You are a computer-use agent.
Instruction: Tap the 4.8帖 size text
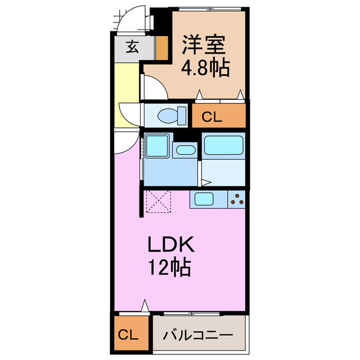204,68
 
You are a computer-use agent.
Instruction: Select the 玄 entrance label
132,47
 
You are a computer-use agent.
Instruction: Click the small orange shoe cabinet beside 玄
161,48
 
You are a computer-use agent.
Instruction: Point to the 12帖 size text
170,267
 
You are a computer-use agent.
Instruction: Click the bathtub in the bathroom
223,145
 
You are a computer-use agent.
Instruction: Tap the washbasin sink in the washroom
184,150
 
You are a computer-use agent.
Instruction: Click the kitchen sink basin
203,199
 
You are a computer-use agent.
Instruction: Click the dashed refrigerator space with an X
157,202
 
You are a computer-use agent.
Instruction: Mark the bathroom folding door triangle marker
206,182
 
